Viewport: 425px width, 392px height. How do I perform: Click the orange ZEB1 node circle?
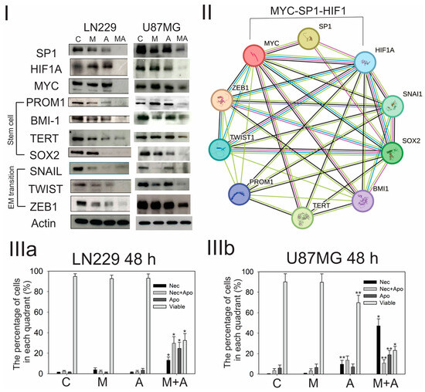(x=228, y=102)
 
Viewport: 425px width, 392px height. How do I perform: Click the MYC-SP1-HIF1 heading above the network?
(x=317, y=10)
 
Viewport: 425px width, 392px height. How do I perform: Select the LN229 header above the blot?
(x=90, y=10)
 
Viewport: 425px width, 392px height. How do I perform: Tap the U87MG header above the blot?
(x=159, y=10)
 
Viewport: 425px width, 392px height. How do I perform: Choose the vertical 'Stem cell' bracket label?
(x=7, y=120)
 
